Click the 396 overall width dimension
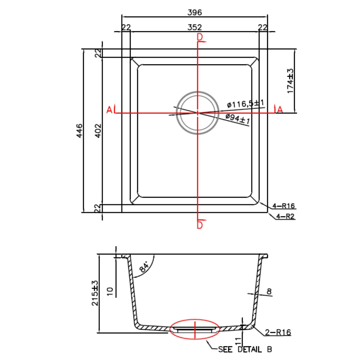click(x=194, y=12)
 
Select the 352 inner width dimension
click(x=194, y=27)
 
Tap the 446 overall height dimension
click(x=80, y=131)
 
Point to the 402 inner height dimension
click(x=98, y=131)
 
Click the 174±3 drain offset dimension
click(x=291, y=81)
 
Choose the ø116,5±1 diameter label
click(x=246, y=104)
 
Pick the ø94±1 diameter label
click(x=238, y=119)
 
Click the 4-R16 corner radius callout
click(x=284, y=206)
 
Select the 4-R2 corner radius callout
click(x=285, y=216)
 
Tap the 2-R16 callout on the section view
click(x=278, y=332)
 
